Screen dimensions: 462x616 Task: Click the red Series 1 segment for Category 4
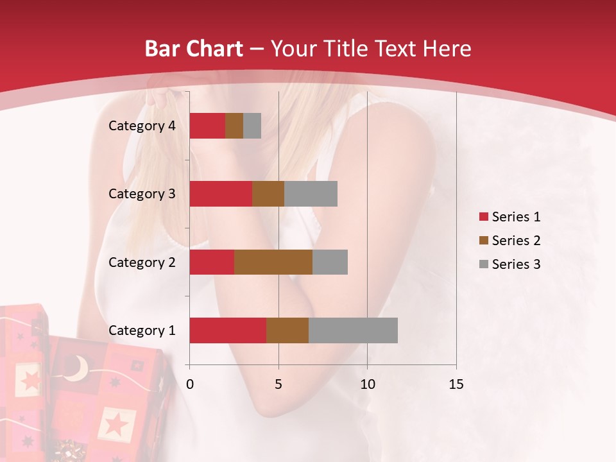[207, 126]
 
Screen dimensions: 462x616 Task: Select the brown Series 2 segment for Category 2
[273, 262]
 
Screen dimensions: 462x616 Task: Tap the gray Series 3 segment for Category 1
[353, 330]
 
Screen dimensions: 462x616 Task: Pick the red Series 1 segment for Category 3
[221, 194]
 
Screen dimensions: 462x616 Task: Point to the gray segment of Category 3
[311, 194]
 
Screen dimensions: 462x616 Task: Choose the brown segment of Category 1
[287, 330]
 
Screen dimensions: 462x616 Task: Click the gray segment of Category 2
[330, 262]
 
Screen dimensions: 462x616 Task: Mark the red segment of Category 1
[228, 330]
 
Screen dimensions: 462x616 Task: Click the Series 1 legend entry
[509, 217]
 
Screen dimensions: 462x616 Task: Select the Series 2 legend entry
[509, 241]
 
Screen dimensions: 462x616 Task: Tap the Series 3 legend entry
[509, 264]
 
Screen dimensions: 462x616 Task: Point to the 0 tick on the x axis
[190, 384]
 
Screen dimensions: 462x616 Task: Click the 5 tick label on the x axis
[278, 384]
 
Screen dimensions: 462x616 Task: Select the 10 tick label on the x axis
[367, 384]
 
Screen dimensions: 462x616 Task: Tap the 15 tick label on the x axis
[456, 384]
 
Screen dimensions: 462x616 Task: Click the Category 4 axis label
[142, 126]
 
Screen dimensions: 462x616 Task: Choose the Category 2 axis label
[142, 262]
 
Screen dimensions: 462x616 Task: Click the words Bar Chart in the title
[193, 49]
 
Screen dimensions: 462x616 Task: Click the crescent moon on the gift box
[78, 368]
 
